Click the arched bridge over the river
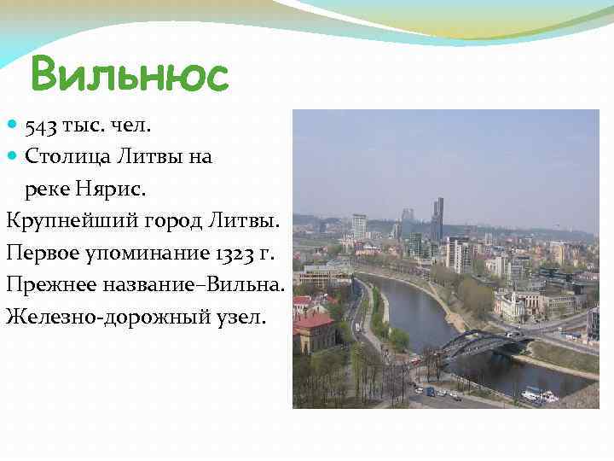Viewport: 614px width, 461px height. [482, 343]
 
